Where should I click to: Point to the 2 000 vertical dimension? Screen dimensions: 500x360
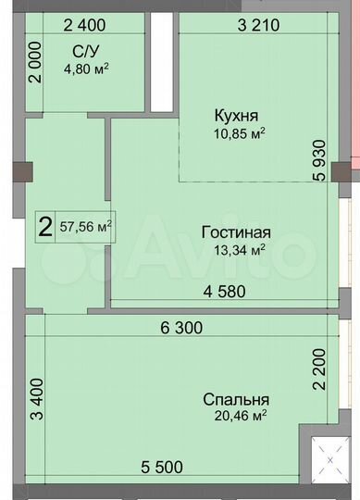34,64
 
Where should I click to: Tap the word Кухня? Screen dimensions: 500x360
236,116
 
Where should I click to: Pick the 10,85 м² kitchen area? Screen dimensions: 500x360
236,131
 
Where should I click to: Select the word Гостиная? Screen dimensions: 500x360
235,231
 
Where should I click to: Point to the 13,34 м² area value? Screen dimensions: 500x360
235,247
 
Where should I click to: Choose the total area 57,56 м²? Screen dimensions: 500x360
86,225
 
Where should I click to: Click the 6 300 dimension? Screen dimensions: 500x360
180,327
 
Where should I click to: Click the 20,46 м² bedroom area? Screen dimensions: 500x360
236,416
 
